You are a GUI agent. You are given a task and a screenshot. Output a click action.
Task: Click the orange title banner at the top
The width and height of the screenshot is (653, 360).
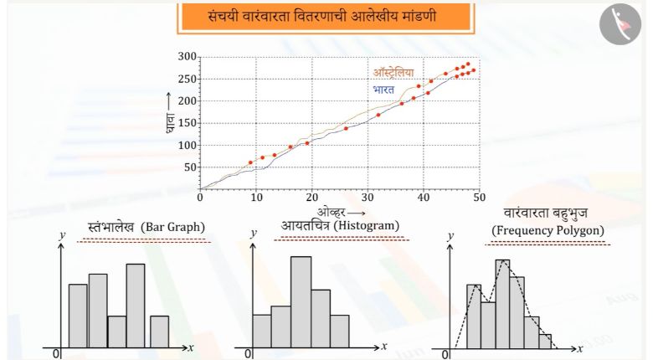(x=326, y=17)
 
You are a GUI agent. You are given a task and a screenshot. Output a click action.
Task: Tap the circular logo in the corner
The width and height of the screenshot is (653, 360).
(x=620, y=24)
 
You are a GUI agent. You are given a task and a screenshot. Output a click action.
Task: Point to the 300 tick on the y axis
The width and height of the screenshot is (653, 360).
(x=187, y=56)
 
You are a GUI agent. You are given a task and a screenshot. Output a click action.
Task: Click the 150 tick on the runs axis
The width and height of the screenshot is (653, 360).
(x=187, y=123)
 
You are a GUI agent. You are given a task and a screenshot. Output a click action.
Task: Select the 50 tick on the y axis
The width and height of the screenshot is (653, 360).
(x=190, y=167)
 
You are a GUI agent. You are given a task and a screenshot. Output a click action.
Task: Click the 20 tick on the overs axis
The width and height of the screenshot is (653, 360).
(x=312, y=197)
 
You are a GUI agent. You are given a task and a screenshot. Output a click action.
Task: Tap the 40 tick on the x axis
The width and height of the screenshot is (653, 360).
(x=424, y=197)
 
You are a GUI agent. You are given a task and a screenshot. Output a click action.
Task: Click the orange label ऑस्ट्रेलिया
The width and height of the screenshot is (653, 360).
(x=393, y=73)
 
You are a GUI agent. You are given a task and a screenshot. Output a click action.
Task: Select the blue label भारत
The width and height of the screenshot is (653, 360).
(x=383, y=90)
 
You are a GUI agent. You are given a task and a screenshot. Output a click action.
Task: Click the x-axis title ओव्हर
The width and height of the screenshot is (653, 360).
(x=332, y=212)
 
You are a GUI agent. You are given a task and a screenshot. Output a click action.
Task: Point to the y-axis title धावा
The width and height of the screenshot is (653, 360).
(x=169, y=123)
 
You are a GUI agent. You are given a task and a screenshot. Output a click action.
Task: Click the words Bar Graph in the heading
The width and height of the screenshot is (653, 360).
(x=172, y=227)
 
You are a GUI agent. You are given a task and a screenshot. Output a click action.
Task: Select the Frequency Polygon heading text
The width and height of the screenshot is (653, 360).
(x=548, y=230)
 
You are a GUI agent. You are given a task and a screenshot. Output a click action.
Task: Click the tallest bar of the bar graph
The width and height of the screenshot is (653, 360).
(x=136, y=306)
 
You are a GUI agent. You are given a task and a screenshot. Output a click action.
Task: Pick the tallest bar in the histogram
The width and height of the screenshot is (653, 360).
(x=301, y=302)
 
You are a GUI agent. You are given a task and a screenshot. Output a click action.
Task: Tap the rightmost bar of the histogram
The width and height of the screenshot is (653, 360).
(x=340, y=332)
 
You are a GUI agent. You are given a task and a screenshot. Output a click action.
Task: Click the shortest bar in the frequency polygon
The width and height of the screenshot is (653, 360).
(x=545, y=342)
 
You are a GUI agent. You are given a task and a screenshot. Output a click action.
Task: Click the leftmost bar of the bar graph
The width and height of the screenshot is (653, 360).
(x=78, y=316)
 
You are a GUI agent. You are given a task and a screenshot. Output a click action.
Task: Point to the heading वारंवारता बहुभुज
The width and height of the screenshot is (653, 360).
(x=546, y=213)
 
